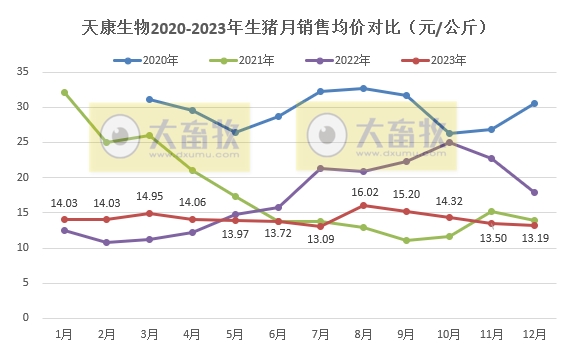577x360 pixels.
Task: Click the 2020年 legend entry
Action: [152, 61]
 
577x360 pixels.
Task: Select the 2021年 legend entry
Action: [247, 61]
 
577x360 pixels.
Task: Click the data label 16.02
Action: [364, 192]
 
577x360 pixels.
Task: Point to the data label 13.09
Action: [321, 240]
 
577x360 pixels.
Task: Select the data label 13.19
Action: [535, 239]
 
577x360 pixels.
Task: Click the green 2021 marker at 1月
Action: [65, 92]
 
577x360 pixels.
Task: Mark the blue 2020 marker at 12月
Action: [534, 103]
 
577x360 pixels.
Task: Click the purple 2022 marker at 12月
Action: [534, 192]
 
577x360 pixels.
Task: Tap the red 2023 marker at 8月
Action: [364, 205]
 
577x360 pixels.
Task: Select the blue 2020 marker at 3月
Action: [150, 99]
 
